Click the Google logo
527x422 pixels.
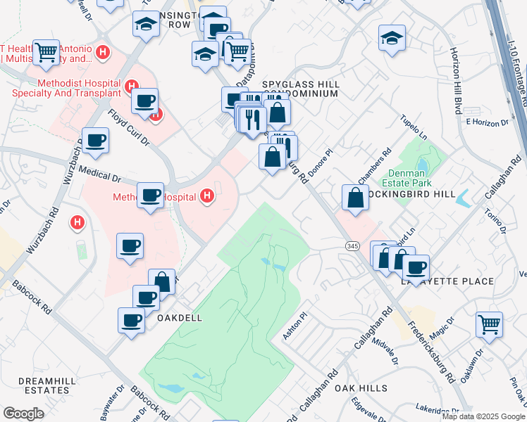[24, 413]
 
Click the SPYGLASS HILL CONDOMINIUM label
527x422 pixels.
[301, 89]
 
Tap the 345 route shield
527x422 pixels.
[352, 245]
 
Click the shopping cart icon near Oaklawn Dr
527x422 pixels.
[489, 324]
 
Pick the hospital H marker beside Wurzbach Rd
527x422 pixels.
[77, 224]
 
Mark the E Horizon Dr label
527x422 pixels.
[487, 122]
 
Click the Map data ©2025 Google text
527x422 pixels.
[483, 416]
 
